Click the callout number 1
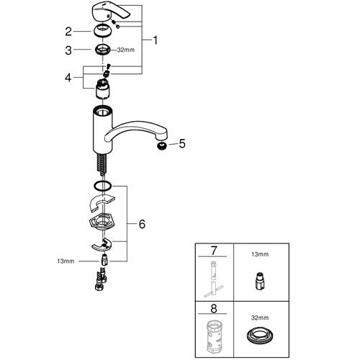(156, 40)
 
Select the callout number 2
(68, 32)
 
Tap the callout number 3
(68, 50)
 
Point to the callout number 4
(68, 78)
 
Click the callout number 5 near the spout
(182, 143)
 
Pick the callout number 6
(142, 224)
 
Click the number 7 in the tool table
(213, 251)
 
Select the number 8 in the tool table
(214, 309)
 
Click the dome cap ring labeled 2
(102, 31)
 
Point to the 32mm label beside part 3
(126, 50)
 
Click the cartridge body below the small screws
(103, 89)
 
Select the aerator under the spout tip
(162, 145)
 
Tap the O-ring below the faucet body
(102, 186)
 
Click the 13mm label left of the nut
(66, 261)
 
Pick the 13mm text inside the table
(260, 254)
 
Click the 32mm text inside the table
(260, 318)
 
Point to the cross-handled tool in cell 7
(213, 279)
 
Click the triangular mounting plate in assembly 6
(102, 222)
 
